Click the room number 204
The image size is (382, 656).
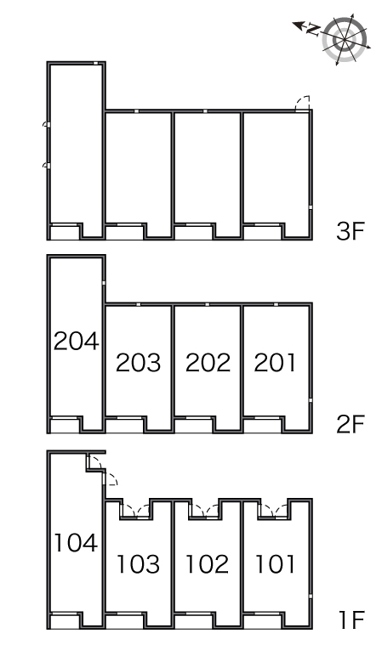pos(77,341)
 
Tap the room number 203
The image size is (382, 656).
pos(138,362)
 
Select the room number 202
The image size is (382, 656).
pos(208,362)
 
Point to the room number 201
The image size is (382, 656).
pos(275,362)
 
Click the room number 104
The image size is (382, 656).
pos(76,543)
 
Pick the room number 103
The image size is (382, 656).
pos(138,564)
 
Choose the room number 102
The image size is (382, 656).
pos(207,564)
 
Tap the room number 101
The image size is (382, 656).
pos(275,564)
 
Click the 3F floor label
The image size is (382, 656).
pos(351,230)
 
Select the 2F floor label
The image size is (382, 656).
pos(351,424)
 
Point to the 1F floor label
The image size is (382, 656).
pos(351,619)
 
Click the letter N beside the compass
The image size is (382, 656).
pos(313,29)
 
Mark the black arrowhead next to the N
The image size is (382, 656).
pos(298,25)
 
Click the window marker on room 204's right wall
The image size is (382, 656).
pos(104,283)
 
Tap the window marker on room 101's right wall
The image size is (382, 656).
pos(311,597)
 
